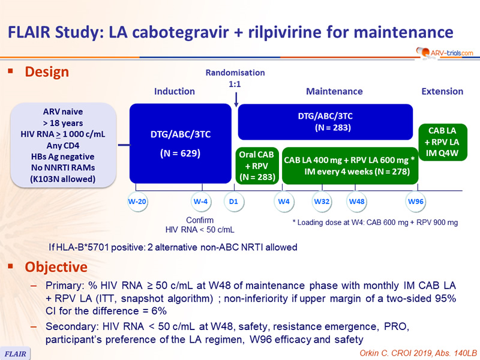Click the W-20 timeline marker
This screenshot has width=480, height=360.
click(x=137, y=202)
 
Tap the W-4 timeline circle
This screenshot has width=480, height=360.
click(x=201, y=202)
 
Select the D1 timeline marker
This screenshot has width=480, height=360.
click(x=233, y=202)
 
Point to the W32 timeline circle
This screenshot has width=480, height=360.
click(x=322, y=202)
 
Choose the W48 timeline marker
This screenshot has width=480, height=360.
click(x=356, y=202)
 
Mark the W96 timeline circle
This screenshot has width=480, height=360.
click(x=416, y=202)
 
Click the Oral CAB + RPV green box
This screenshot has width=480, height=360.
click(x=257, y=166)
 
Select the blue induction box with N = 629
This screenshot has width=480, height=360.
click(x=181, y=143)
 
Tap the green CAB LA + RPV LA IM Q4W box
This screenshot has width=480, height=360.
click(x=443, y=142)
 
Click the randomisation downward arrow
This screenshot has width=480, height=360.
click(x=236, y=100)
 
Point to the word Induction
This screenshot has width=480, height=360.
click(x=175, y=91)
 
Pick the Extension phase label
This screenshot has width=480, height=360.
click(x=442, y=91)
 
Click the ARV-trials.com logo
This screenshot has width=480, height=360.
click(x=445, y=53)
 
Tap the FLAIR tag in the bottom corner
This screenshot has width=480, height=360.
click(x=15, y=353)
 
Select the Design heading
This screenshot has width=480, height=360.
click(x=47, y=72)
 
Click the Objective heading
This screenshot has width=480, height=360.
click(x=56, y=267)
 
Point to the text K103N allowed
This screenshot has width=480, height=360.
click(x=63, y=179)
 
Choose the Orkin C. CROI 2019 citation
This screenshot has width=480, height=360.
click(x=418, y=353)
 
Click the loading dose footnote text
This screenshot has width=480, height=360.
click(x=375, y=223)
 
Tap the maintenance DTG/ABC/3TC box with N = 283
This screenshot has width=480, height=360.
click(x=325, y=122)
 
